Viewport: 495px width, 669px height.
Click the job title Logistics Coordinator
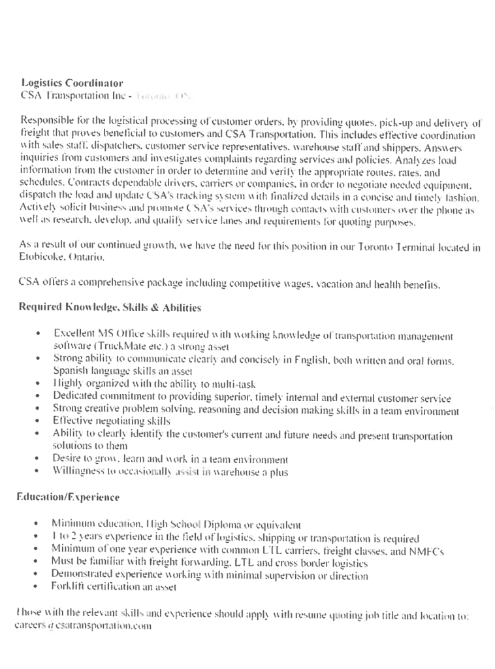[72, 83]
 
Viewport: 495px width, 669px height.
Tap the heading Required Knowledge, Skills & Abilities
[110, 306]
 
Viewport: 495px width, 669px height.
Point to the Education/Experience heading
[69, 498]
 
